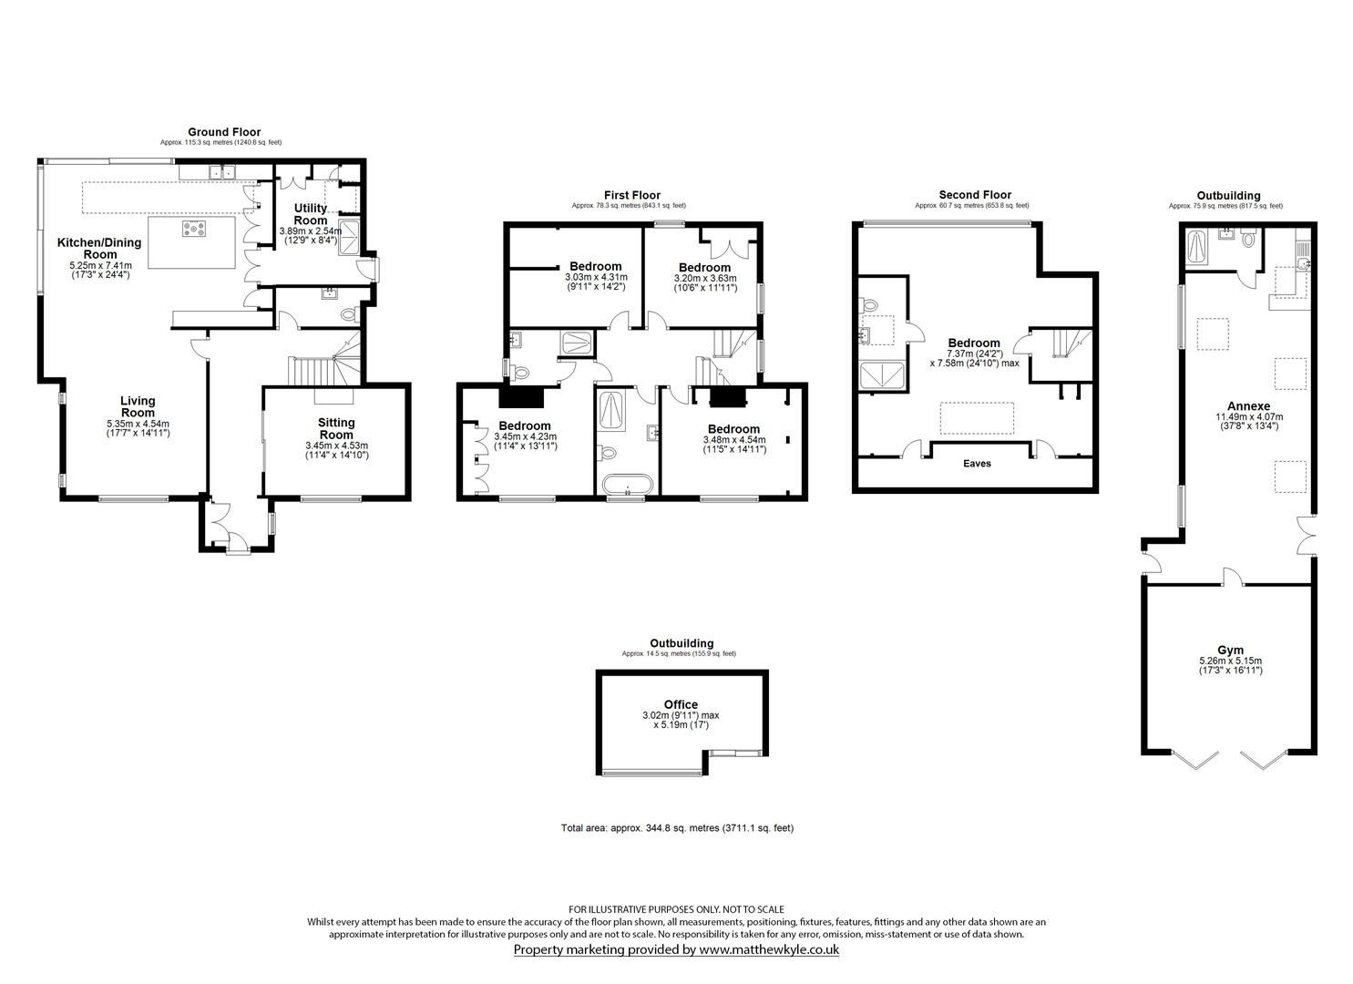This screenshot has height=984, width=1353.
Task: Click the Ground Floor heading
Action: point(223,132)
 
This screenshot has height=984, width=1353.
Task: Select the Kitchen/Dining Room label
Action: point(99,249)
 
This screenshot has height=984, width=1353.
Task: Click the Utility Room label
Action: point(310,214)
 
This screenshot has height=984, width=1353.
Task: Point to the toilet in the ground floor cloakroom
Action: point(347,314)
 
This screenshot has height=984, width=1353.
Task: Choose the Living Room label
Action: point(138,406)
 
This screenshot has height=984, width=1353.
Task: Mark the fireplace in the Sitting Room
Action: point(333,396)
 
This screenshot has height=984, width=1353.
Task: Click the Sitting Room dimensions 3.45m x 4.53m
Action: point(336,446)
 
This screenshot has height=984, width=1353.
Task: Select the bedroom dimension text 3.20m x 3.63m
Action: point(704,278)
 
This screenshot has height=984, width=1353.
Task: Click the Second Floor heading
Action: point(975,195)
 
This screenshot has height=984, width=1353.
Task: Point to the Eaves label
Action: point(977,464)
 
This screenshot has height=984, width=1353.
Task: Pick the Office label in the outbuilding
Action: point(681,704)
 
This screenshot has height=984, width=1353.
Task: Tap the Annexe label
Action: point(1248,406)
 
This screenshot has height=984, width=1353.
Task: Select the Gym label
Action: point(1230,650)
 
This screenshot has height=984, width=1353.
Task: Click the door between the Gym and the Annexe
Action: point(1230,577)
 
